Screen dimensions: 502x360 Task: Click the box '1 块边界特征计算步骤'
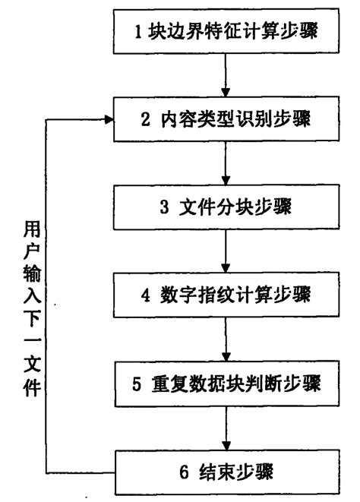(x=226, y=32)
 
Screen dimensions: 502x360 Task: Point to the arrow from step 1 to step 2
(x=226, y=76)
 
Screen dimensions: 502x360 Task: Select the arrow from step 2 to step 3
(x=226, y=163)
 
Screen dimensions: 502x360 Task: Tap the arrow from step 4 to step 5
(x=226, y=338)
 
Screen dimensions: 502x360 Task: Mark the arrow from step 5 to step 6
(x=226, y=428)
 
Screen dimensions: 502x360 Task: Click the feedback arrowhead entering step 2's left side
(x=106, y=119)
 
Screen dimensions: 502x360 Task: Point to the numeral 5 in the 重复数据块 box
(x=136, y=383)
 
